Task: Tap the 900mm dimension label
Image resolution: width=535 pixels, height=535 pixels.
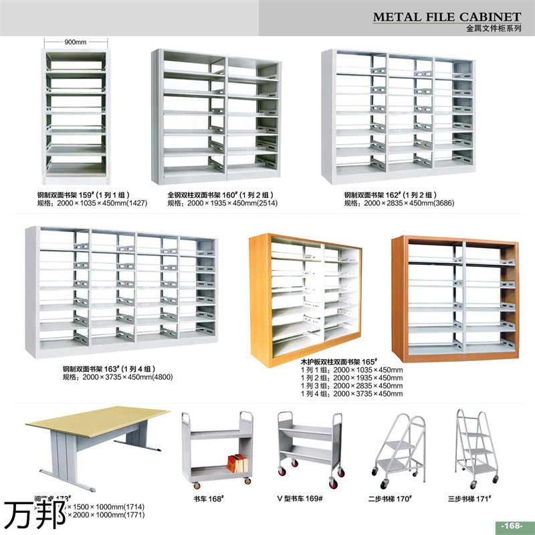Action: pyautogui.click(x=76, y=42)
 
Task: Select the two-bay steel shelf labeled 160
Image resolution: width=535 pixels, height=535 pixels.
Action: pyautogui.click(x=217, y=117)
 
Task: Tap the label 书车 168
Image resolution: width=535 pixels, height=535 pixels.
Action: pyautogui.click(x=208, y=498)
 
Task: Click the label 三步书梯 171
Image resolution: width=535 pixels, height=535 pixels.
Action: pyautogui.click(x=469, y=498)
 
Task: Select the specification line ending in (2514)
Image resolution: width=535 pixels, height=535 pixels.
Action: pyautogui.click(x=222, y=203)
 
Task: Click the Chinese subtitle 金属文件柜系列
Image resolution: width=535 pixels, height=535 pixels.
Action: pyautogui.click(x=494, y=29)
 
